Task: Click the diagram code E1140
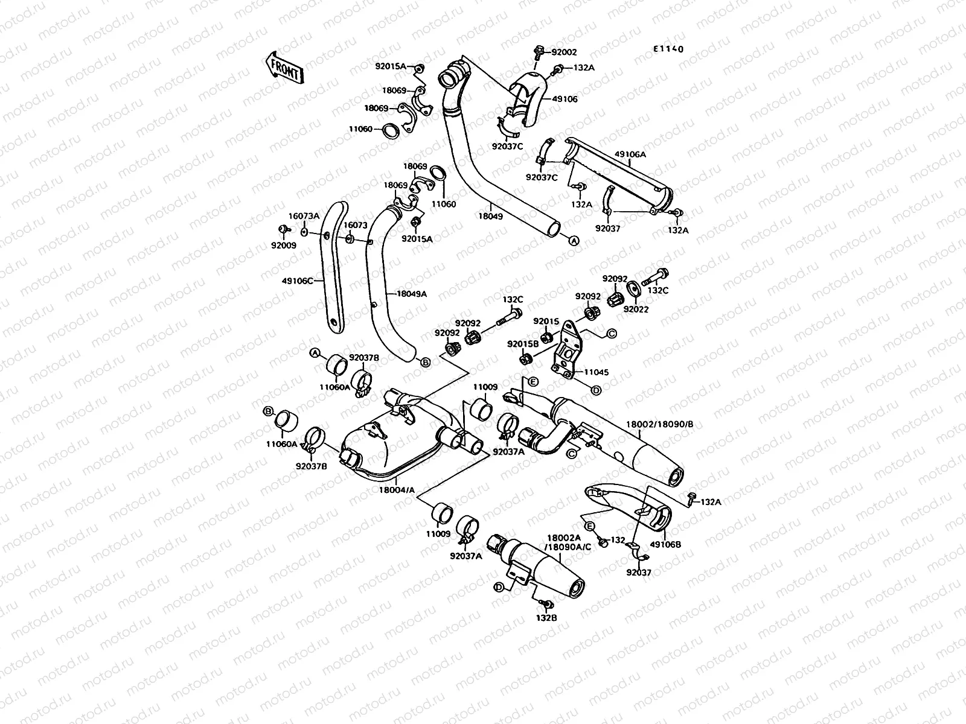[668, 49]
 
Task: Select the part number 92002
[563, 53]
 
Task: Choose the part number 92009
[284, 246]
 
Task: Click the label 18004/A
[397, 491]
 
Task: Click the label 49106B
[667, 544]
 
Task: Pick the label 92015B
[523, 343]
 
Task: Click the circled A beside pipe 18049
[574, 240]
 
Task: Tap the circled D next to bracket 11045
[595, 390]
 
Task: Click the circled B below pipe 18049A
[425, 362]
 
